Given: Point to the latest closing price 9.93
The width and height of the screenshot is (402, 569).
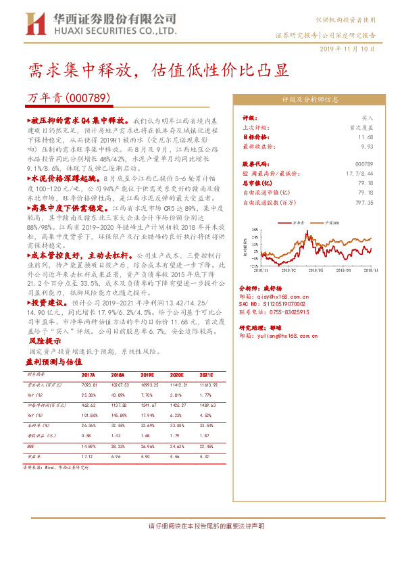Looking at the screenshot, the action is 366,145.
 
